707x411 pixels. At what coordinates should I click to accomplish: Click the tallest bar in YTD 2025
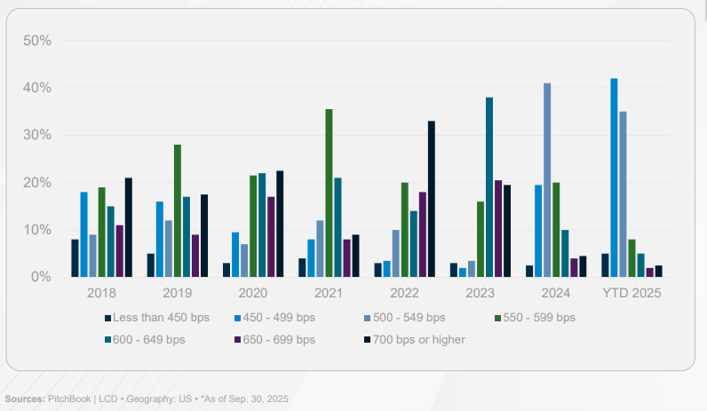click(614, 178)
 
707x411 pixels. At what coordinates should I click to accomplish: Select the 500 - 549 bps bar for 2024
click(547, 180)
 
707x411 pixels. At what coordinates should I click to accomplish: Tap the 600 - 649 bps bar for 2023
click(489, 187)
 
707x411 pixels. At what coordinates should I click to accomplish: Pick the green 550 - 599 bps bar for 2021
click(329, 194)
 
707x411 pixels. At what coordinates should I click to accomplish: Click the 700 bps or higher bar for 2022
click(432, 199)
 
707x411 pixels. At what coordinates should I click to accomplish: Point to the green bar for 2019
click(178, 210)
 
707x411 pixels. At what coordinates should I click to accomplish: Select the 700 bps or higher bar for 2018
click(129, 227)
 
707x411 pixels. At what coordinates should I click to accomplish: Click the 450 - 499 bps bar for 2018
click(84, 234)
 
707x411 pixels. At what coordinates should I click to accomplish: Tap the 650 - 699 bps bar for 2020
click(271, 237)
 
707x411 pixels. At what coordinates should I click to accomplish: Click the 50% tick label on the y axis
click(36, 41)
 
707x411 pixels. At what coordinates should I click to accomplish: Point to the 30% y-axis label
click(36, 136)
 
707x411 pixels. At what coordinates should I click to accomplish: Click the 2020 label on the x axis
click(253, 292)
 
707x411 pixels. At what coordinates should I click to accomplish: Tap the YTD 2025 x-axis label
click(632, 292)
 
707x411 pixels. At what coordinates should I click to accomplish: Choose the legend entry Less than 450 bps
click(161, 317)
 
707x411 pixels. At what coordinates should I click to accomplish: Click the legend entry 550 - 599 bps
click(535, 317)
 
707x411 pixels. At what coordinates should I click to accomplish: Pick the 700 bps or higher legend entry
click(418, 338)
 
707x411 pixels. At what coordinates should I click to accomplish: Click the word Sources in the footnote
click(24, 399)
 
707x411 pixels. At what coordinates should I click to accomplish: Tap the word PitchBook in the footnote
click(68, 399)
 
